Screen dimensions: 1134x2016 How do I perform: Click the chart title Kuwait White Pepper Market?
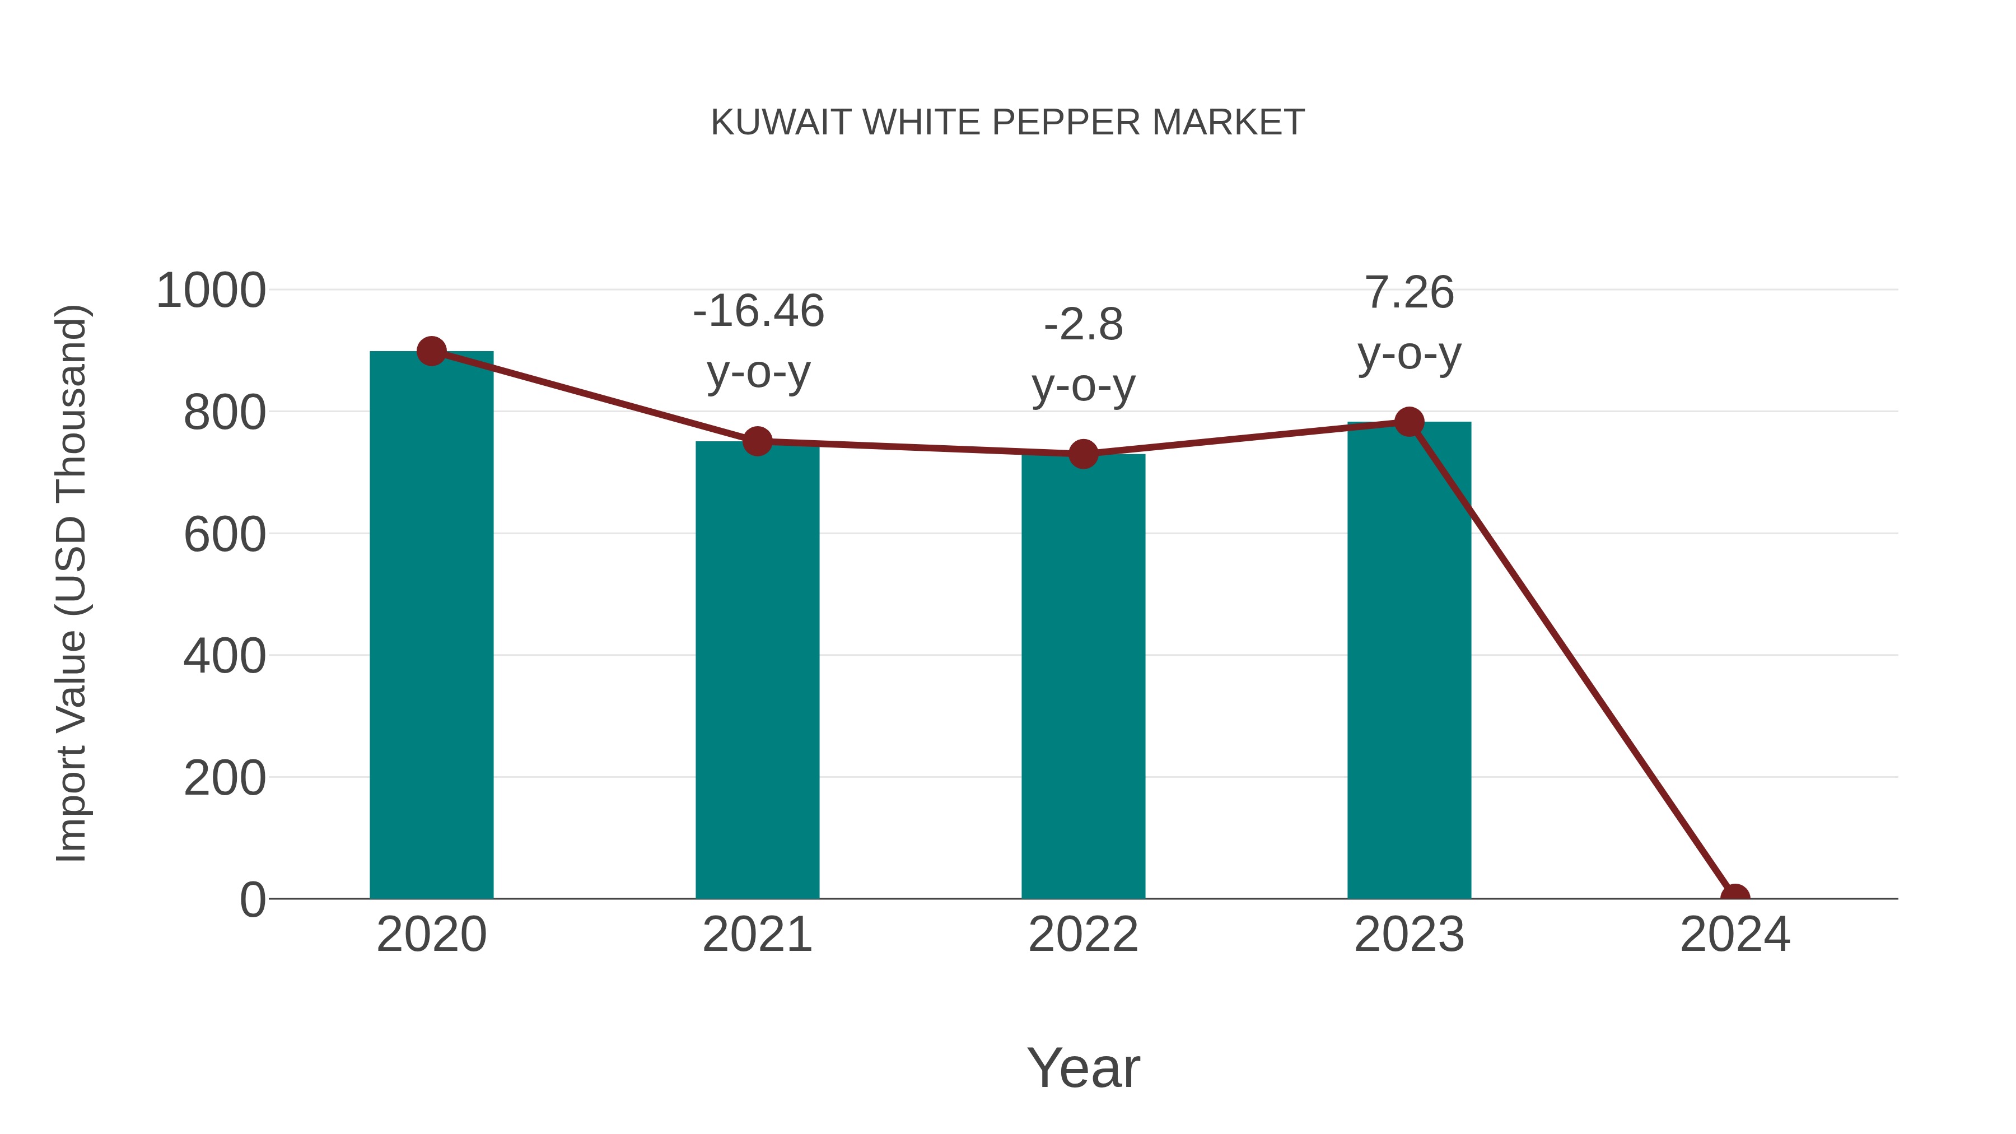(x=1007, y=122)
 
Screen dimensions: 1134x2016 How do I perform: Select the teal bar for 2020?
(x=431, y=626)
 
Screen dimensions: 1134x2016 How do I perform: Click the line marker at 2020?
(x=431, y=351)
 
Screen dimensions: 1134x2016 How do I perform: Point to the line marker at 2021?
(x=757, y=441)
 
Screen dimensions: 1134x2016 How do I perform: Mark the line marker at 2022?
(x=1083, y=454)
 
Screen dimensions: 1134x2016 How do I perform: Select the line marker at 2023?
(x=1409, y=422)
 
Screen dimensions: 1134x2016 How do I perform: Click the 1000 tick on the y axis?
(x=211, y=291)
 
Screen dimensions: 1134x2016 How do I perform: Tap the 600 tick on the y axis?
(x=224, y=535)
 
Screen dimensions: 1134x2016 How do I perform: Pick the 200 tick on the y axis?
(x=224, y=779)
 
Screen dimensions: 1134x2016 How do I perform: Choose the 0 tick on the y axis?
(x=252, y=900)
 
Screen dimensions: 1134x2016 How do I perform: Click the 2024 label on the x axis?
(x=1734, y=935)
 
